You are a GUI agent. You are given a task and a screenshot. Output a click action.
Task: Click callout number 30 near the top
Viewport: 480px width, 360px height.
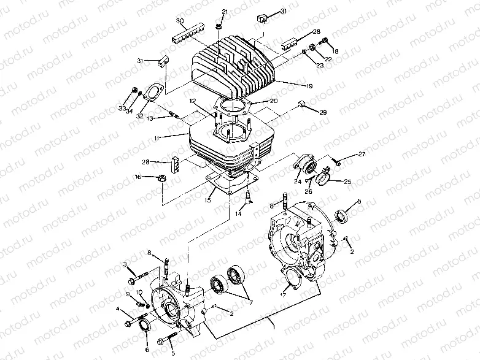180,20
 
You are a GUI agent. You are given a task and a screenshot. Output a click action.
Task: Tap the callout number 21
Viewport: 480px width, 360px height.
224,12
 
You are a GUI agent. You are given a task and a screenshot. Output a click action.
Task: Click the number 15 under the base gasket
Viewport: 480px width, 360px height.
208,200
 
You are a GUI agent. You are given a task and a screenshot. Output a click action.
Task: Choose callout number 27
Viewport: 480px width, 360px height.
362,153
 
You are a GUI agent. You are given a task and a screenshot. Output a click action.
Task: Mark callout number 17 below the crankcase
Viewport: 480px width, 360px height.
283,295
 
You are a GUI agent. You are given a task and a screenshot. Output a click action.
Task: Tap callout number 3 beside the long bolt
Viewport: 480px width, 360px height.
125,264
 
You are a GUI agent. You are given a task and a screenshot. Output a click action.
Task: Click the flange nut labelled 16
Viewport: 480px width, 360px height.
163,178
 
